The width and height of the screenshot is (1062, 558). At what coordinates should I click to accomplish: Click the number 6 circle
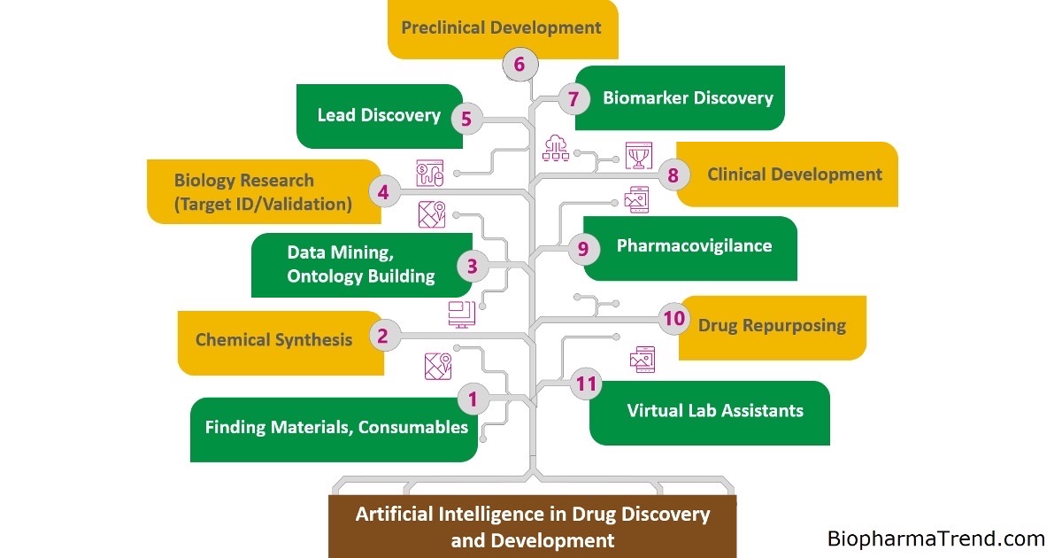click(x=519, y=64)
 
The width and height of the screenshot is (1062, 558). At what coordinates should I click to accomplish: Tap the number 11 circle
click(x=584, y=384)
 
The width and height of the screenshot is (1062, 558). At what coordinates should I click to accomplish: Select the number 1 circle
click(x=473, y=399)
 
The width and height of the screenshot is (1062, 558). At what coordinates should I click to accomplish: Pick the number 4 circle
click(x=383, y=191)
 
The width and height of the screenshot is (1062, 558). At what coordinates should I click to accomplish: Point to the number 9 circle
click(x=583, y=249)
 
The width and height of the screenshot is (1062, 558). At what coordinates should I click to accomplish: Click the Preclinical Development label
click(x=501, y=27)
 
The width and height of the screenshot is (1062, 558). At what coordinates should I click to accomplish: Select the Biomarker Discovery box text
click(x=688, y=97)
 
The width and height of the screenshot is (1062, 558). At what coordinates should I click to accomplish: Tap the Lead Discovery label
click(x=379, y=115)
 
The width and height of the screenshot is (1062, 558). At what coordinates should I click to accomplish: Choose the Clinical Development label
click(x=794, y=174)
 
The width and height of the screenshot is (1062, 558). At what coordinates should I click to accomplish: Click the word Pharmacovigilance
click(x=694, y=245)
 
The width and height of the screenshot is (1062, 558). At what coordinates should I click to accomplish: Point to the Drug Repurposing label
click(x=772, y=325)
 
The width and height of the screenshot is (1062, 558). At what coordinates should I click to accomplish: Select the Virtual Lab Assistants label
click(x=715, y=410)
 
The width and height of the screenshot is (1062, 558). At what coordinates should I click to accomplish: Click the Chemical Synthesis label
click(x=273, y=339)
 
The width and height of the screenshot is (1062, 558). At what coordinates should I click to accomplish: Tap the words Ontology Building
click(x=361, y=275)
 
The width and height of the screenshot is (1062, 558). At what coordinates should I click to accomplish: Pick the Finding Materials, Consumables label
click(x=336, y=427)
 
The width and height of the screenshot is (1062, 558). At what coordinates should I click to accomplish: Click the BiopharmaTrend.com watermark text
click(x=935, y=538)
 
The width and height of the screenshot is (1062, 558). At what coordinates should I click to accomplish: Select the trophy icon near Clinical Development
click(x=637, y=155)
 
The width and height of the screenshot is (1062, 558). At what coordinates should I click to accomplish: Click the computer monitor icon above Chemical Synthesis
click(x=461, y=313)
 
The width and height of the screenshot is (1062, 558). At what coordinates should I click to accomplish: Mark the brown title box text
click(x=532, y=526)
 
